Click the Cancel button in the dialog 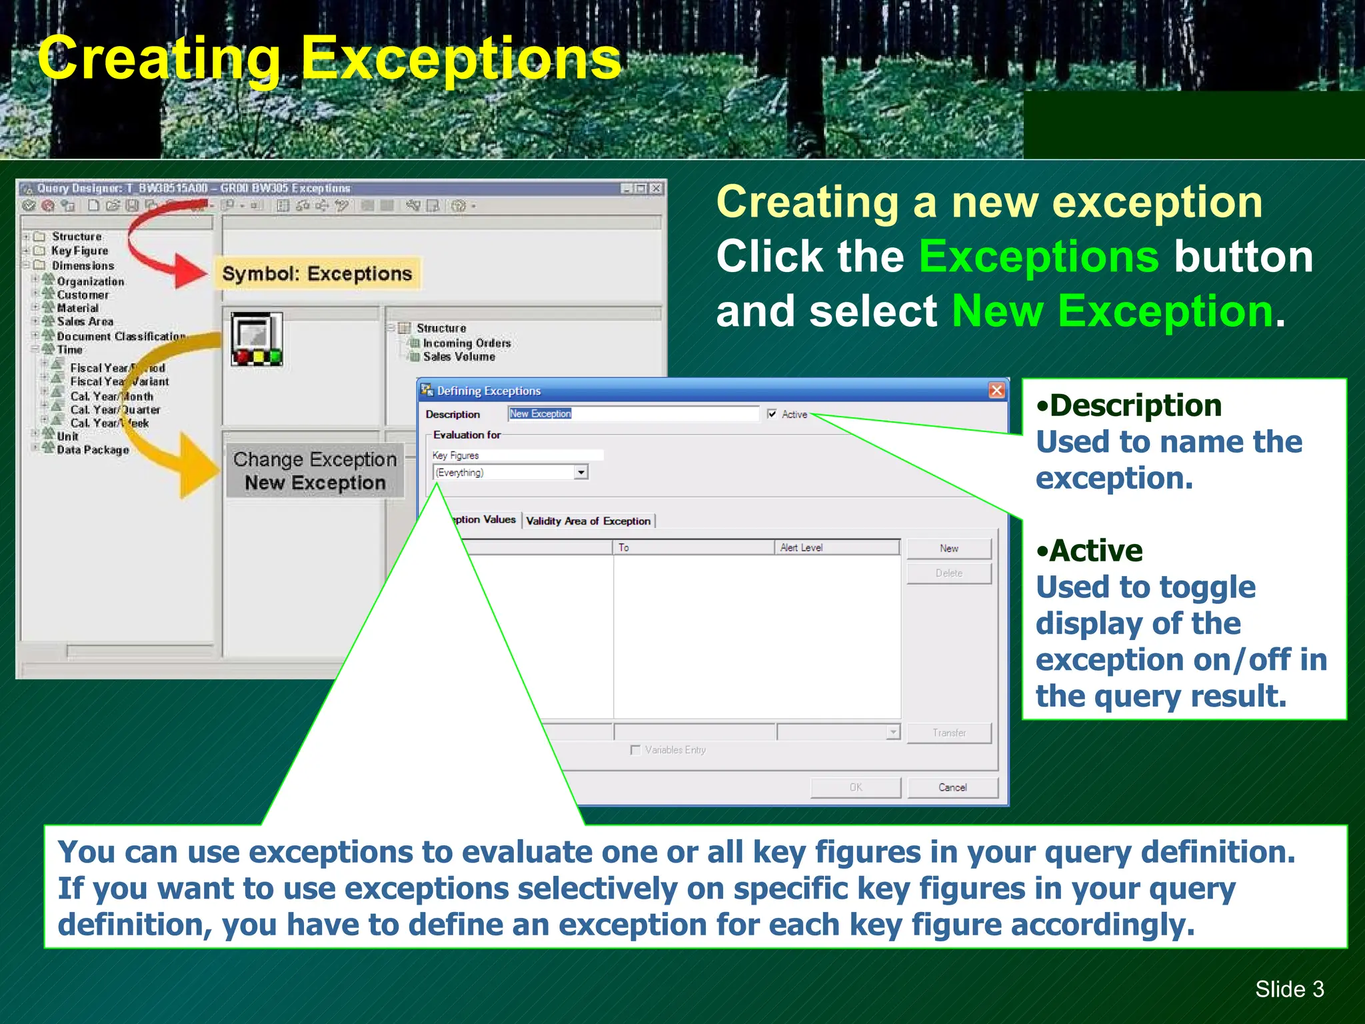coord(952,787)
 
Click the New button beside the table coord(948,549)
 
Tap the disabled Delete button coord(948,573)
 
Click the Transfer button coord(948,733)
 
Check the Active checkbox coord(772,414)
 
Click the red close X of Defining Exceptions coord(996,390)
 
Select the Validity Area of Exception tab coord(588,521)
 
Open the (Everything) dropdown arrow coord(581,473)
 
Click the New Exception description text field coord(633,414)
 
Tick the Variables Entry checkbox coord(635,750)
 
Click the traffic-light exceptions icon coord(257,339)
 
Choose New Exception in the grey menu coord(315,483)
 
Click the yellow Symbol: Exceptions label coord(317,274)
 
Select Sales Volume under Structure coord(459,357)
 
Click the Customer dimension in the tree coord(83,295)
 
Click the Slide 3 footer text coord(1289,989)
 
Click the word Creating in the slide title coord(159,59)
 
